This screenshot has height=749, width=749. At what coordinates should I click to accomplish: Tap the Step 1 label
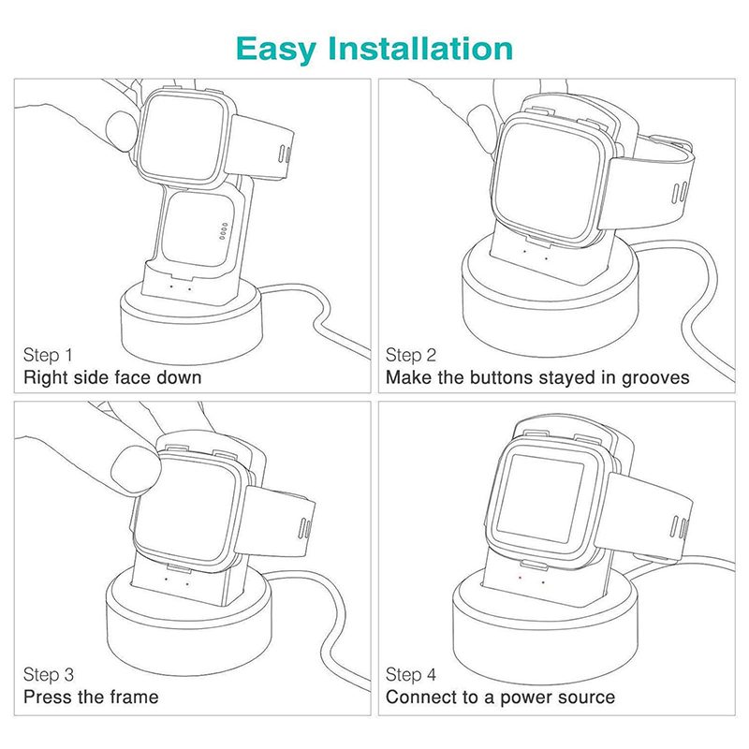click(x=48, y=356)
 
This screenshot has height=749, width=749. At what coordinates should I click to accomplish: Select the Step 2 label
click(x=411, y=356)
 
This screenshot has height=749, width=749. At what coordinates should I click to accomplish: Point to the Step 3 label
click(x=49, y=675)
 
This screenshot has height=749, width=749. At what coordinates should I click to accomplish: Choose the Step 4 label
click(x=411, y=675)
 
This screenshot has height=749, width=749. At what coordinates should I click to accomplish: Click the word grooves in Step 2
click(x=655, y=378)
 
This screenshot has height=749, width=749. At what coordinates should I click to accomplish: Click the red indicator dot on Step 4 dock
click(x=521, y=577)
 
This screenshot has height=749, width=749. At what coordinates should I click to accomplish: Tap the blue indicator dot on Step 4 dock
click(x=543, y=582)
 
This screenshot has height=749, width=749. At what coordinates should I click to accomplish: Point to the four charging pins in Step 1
click(x=223, y=230)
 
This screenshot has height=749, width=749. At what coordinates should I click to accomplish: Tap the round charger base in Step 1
click(x=191, y=326)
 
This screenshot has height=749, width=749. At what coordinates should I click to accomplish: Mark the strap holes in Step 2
click(x=681, y=191)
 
